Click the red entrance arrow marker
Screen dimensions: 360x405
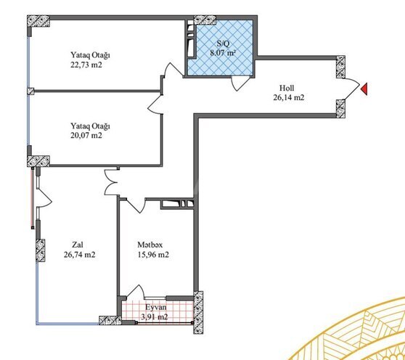tap(365, 89)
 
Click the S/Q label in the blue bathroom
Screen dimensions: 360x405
tap(217, 44)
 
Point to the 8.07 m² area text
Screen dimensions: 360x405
tap(222, 53)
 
